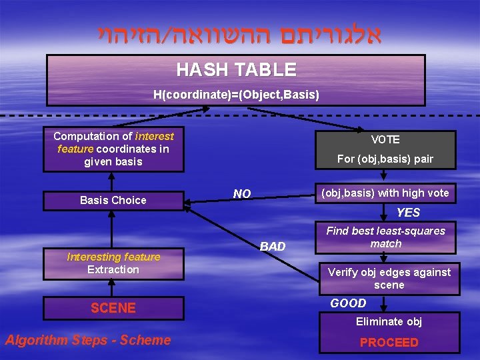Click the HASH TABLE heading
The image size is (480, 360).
coord(236,69)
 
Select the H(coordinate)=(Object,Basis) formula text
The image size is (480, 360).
coord(236,95)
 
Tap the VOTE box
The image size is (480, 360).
coord(385,139)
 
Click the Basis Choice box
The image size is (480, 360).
coord(113,200)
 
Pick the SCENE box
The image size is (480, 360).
coord(113,308)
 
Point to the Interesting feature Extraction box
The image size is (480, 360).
coord(113,263)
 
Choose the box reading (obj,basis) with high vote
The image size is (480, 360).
coord(385,193)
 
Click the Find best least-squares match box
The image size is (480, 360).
coord(385,237)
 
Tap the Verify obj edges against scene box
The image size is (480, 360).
coord(389,279)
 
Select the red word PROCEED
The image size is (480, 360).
coord(389,343)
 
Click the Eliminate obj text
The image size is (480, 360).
coord(389,322)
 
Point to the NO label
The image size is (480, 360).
coord(242,194)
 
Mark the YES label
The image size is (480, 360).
coord(408,213)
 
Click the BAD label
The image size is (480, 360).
coord(272,247)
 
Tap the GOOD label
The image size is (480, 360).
coord(348,303)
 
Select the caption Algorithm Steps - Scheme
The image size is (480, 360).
coord(88,340)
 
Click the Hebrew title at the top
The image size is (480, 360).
coord(239,32)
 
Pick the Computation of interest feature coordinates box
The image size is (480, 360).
coord(113,149)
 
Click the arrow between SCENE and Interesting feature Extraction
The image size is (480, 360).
coord(113,288)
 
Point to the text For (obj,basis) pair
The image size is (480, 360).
coord(385,159)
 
